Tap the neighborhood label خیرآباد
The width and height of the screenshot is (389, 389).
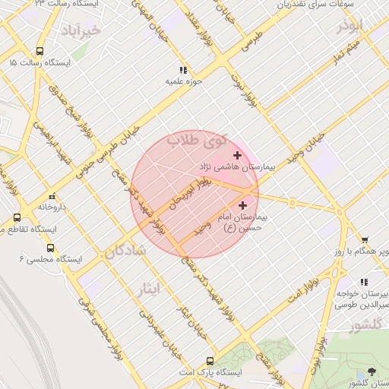click(x=83, y=30)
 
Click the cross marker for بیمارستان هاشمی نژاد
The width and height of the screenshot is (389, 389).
click(x=237, y=155)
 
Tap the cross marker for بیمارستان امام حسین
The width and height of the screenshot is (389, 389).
click(x=242, y=205)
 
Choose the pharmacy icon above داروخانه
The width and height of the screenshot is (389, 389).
click(x=52, y=195)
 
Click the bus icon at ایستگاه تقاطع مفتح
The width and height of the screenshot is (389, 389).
click(x=17, y=217)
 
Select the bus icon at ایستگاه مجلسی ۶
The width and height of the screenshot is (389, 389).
click(x=51, y=248)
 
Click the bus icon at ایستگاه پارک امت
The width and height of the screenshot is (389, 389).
click(x=210, y=362)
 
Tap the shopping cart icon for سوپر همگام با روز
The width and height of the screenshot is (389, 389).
click(x=365, y=241)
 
